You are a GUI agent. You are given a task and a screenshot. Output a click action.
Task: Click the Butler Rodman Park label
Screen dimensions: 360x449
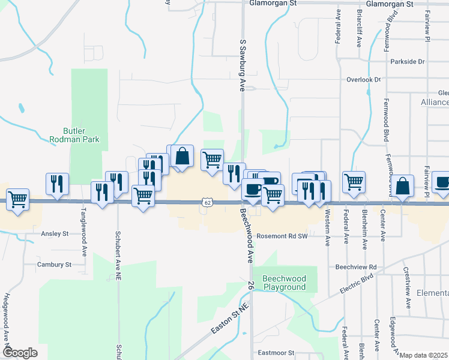coord(81,135)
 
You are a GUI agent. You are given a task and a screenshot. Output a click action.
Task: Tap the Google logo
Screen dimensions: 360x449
coord(20,353)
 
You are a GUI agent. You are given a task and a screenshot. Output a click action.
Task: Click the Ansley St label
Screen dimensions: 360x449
coord(55,234)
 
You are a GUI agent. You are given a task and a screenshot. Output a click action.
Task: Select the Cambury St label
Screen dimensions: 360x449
coord(54,264)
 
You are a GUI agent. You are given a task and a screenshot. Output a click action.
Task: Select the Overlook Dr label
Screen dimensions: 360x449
coord(364,79)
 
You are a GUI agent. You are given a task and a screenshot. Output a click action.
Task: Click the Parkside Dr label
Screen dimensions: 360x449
coord(407,62)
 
